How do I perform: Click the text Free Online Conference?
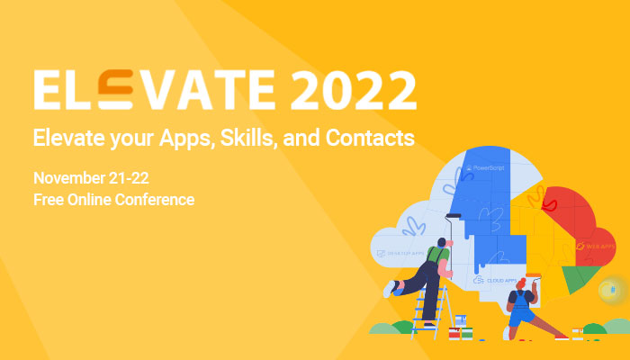point(113,199)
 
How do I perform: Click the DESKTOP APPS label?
point(401,254)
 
